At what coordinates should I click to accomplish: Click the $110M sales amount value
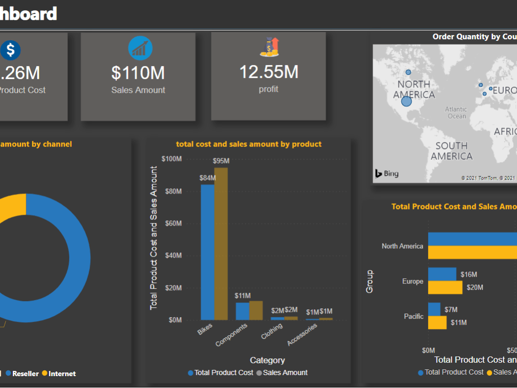138,73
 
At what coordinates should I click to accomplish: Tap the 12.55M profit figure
268,72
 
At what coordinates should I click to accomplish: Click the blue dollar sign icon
10,50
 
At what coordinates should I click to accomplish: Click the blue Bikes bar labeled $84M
207,252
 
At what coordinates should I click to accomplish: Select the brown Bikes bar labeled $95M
221,243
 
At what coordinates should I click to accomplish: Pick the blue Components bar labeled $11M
242,311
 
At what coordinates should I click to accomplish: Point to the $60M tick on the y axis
172,223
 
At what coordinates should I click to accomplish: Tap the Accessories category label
302,335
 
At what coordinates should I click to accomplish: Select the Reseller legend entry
25,374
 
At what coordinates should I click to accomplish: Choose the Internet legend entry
62,374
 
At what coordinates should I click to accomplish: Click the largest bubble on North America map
406,101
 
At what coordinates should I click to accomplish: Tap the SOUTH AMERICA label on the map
451,151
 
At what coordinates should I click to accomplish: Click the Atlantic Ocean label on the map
456,113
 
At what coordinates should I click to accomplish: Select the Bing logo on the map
387,174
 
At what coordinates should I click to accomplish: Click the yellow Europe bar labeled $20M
445,287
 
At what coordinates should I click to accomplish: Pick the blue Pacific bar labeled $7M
434,309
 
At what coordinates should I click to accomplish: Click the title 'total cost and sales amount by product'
249,144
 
